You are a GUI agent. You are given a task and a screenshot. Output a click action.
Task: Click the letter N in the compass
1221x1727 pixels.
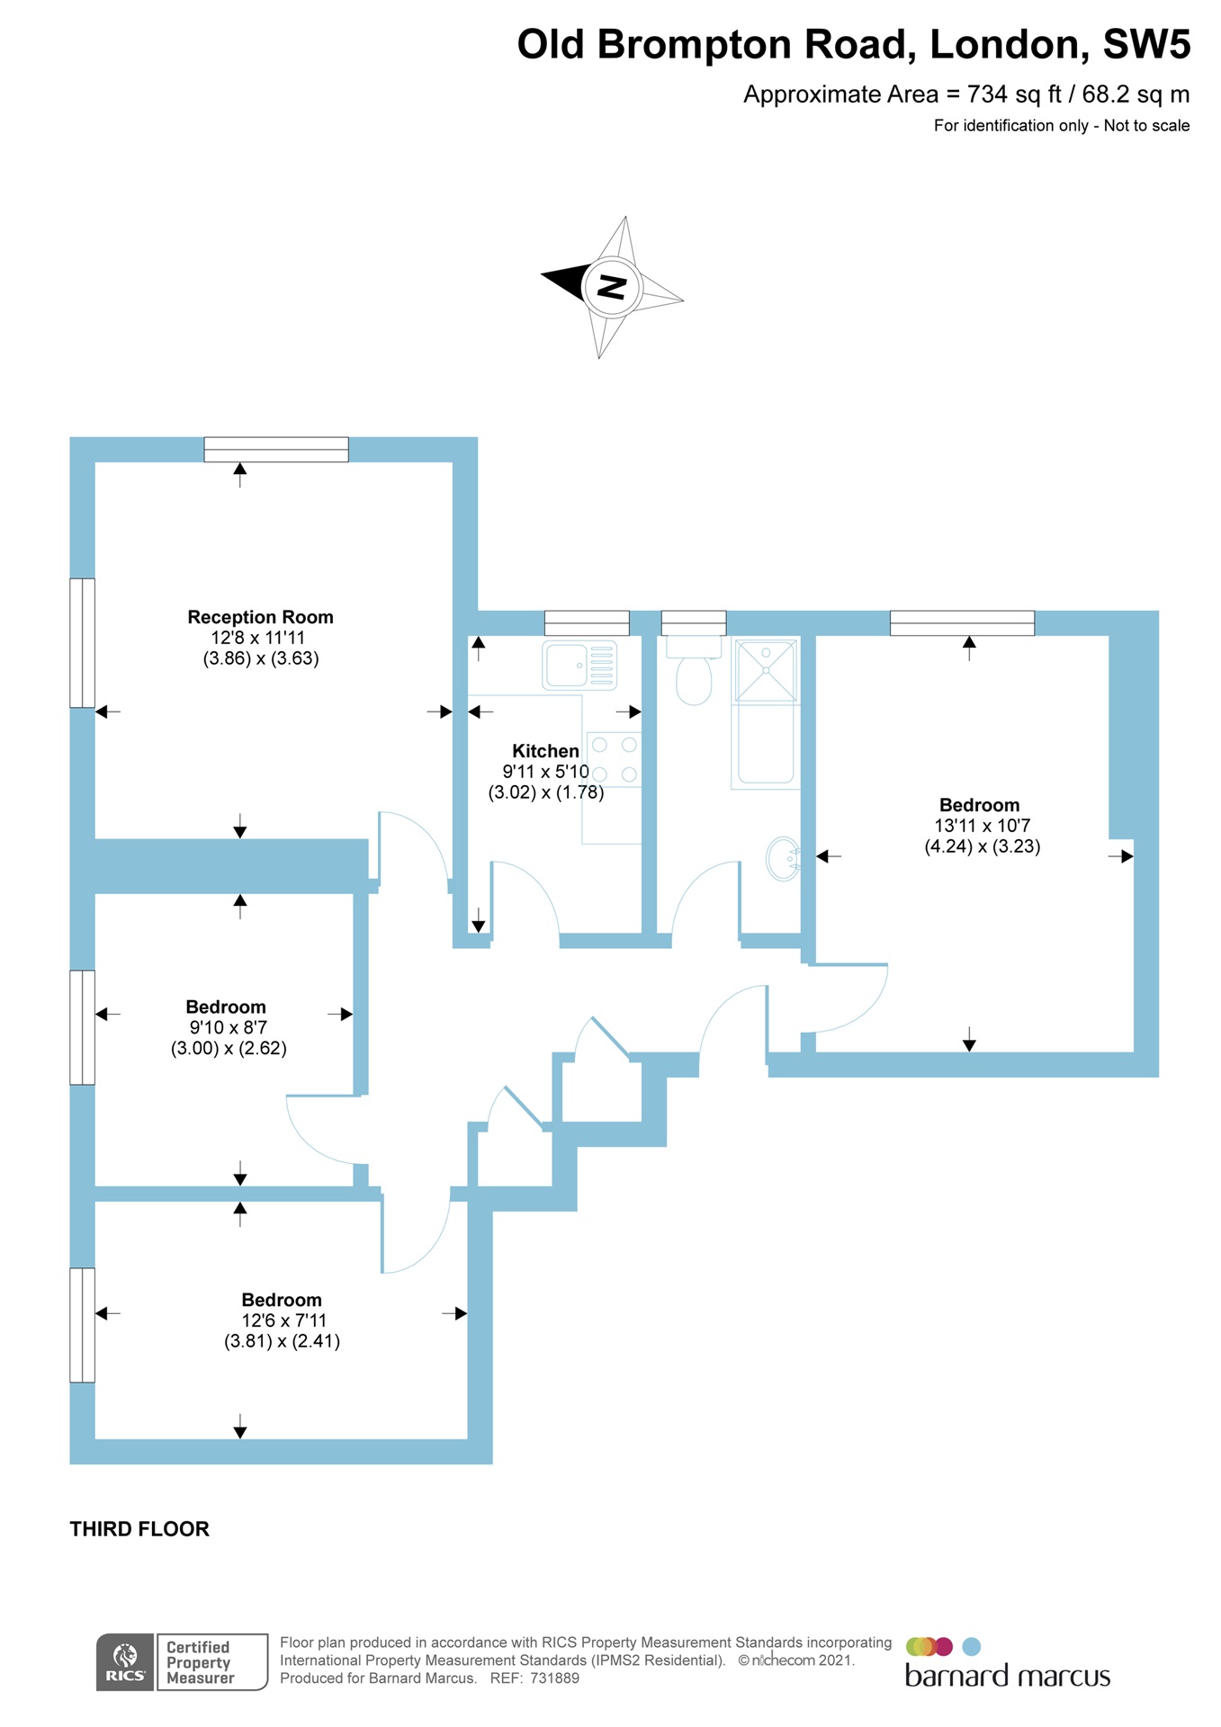click(612, 288)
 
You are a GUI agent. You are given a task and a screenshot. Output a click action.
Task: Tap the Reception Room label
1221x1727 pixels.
click(260, 617)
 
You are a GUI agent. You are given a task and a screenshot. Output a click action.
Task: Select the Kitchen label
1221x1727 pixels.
click(545, 751)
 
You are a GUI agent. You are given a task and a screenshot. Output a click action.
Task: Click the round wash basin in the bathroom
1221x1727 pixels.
click(783, 858)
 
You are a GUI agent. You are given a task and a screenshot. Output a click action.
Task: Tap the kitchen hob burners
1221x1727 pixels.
click(614, 759)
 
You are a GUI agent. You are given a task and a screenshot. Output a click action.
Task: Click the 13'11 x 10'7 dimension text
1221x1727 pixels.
click(982, 826)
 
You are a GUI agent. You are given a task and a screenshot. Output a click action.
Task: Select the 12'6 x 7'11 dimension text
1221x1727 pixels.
click(283, 1320)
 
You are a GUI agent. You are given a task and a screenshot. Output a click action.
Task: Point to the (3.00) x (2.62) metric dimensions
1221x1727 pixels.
click(229, 1048)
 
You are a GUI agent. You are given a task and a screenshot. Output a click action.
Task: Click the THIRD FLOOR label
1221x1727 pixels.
click(139, 1529)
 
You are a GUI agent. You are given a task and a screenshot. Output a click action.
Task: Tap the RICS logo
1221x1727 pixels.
click(125, 1661)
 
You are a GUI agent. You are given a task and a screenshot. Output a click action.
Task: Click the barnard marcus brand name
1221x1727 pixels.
click(1007, 1677)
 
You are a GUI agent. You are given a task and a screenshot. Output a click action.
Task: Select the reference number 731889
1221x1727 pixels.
click(554, 1678)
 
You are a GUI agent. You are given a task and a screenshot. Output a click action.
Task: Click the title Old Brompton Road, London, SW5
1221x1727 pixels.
click(853, 44)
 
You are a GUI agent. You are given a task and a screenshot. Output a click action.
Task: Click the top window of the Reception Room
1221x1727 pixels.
click(276, 449)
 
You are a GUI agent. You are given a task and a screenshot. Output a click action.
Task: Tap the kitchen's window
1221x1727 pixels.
click(587, 622)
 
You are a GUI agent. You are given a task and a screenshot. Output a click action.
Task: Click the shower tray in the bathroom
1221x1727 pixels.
click(766, 670)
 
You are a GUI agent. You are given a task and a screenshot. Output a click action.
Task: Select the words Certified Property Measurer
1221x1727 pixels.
click(200, 1662)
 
